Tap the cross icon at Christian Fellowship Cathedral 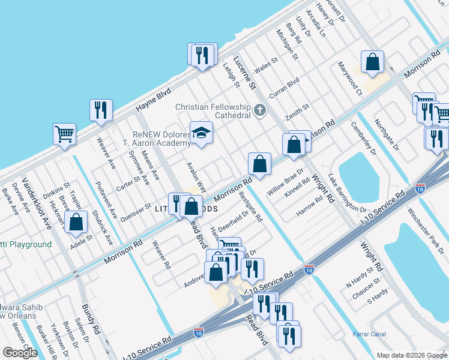pos(259,110)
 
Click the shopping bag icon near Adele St pos(76,221)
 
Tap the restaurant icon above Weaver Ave pos(100,110)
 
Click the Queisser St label pos(136,209)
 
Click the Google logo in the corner pos(20,353)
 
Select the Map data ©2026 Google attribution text pos(411,355)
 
